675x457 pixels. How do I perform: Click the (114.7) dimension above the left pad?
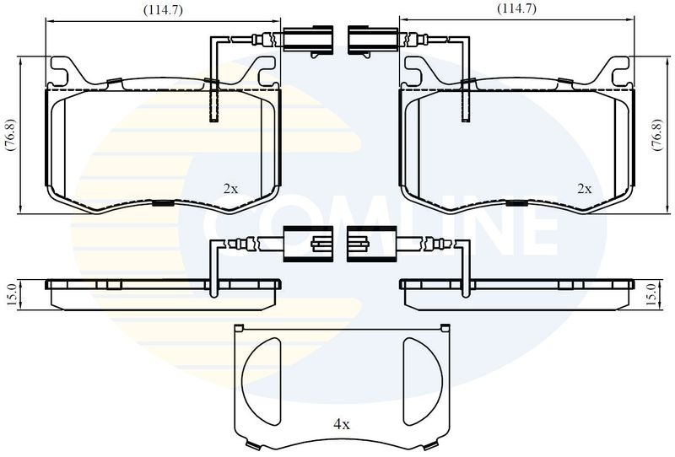(x=163, y=10)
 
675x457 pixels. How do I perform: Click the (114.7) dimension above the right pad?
(x=516, y=8)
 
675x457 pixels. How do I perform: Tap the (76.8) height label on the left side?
(x=11, y=135)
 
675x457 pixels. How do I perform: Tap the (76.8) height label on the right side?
(x=656, y=135)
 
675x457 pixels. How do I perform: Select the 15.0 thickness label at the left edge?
(x=12, y=295)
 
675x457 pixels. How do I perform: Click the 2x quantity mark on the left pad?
(x=230, y=189)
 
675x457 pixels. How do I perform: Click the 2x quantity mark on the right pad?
(x=585, y=189)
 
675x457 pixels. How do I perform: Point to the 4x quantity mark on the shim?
(x=342, y=425)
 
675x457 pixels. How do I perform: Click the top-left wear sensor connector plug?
(x=308, y=40)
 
